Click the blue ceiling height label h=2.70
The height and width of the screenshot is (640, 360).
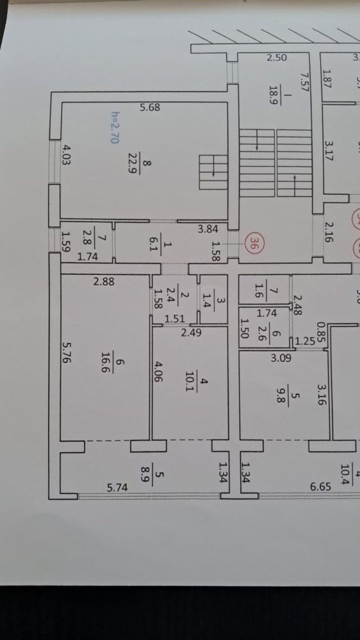pos(115,127)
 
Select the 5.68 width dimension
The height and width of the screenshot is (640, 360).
pos(150,108)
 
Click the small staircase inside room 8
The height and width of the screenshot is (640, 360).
pos(213,172)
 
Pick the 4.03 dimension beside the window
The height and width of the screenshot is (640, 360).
pos(66,154)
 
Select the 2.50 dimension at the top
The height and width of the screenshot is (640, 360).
pos(277,58)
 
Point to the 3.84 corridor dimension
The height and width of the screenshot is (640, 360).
pos(208,229)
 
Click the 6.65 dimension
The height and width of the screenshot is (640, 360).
pos(320,487)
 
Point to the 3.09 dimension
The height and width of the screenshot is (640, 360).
pos(282,359)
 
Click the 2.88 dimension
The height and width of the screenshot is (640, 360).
pos(104,281)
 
